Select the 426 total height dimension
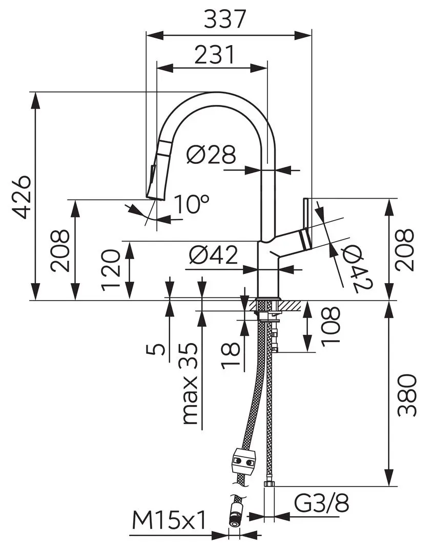pyautogui.click(x=22, y=197)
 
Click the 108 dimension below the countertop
pyautogui.click(x=331, y=326)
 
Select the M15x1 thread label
pyautogui.click(x=169, y=522)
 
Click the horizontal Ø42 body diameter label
pyautogui.click(x=213, y=254)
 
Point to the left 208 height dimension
pyautogui.click(x=60, y=249)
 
